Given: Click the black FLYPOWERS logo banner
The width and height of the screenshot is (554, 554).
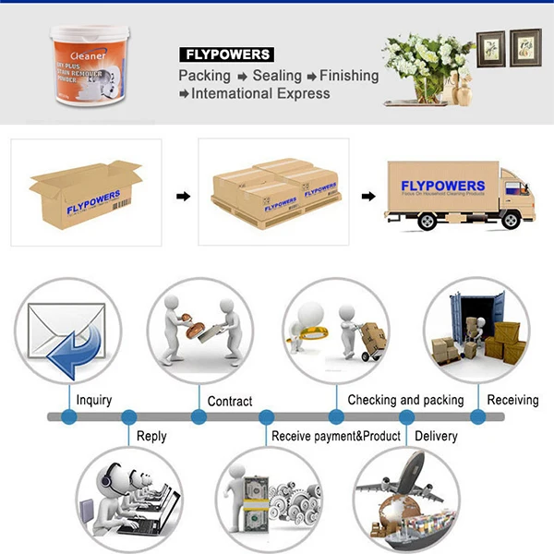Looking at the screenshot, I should [x=224, y=54].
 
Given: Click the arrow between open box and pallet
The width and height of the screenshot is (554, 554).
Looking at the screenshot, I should [x=183, y=196].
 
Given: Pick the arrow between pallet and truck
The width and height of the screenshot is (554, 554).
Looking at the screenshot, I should [x=367, y=196].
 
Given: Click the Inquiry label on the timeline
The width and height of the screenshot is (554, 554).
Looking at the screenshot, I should [x=94, y=401].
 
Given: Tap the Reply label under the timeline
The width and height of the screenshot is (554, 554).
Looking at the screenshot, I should [x=151, y=436].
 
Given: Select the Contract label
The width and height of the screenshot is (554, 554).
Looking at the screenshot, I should [x=230, y=402].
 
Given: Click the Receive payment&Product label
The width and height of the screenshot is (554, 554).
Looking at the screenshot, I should [x=336, y=436].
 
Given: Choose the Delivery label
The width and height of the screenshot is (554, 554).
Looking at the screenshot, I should [x=436, y=436].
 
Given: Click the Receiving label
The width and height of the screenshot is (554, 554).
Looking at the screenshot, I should [x=512, y=401].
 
